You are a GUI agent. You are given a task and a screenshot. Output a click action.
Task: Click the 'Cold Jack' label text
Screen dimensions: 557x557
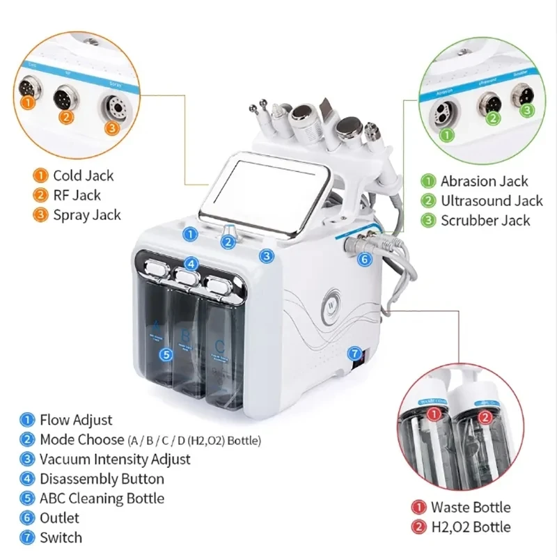83,175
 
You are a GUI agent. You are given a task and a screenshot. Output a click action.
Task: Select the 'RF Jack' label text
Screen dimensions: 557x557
77,195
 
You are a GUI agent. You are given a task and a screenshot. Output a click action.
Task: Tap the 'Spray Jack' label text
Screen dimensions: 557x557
86,214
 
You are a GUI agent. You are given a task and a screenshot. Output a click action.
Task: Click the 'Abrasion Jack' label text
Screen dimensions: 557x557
484,181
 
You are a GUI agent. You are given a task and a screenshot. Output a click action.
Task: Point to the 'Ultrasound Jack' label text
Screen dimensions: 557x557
491,201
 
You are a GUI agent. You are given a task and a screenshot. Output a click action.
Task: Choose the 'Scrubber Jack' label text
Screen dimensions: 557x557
485,220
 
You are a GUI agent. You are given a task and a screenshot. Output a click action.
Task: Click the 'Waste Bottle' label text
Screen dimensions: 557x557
470,507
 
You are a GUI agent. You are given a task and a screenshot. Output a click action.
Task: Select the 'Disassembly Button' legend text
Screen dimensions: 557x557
102,478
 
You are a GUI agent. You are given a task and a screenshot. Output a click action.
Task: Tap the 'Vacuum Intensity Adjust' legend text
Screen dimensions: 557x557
115,459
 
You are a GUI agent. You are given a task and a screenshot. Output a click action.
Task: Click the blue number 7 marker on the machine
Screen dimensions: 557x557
354,353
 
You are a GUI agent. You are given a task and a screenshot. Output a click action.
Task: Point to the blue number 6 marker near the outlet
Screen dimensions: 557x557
366,259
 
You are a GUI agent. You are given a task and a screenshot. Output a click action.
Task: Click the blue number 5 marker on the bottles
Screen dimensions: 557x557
165,354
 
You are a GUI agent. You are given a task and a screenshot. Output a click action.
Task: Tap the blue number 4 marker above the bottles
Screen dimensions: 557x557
192,265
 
